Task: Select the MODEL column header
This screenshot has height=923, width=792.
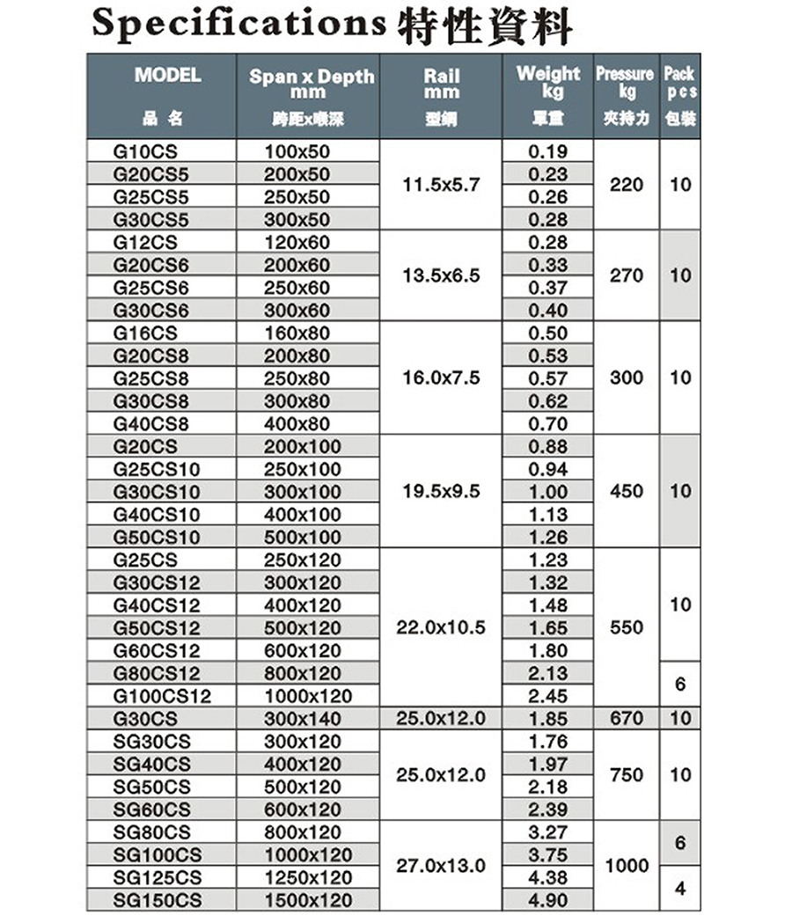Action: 167,76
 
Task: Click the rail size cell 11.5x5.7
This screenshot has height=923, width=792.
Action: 441,185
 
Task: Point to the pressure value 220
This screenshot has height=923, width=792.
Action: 626,185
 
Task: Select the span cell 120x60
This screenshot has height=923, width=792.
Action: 297,242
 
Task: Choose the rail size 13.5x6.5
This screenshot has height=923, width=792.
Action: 441,276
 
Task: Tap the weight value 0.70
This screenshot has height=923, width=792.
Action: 548,423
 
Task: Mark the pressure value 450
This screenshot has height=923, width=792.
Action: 626,491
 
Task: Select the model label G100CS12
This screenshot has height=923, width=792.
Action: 163,696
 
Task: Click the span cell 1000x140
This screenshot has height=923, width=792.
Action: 303,719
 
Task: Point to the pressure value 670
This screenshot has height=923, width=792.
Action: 626,719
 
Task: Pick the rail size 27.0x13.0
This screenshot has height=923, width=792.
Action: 441,866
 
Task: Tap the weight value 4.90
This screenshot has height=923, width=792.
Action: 548,900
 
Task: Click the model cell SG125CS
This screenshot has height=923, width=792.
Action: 158,877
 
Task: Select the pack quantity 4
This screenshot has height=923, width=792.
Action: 678,889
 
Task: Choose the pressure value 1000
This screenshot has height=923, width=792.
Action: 626,866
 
